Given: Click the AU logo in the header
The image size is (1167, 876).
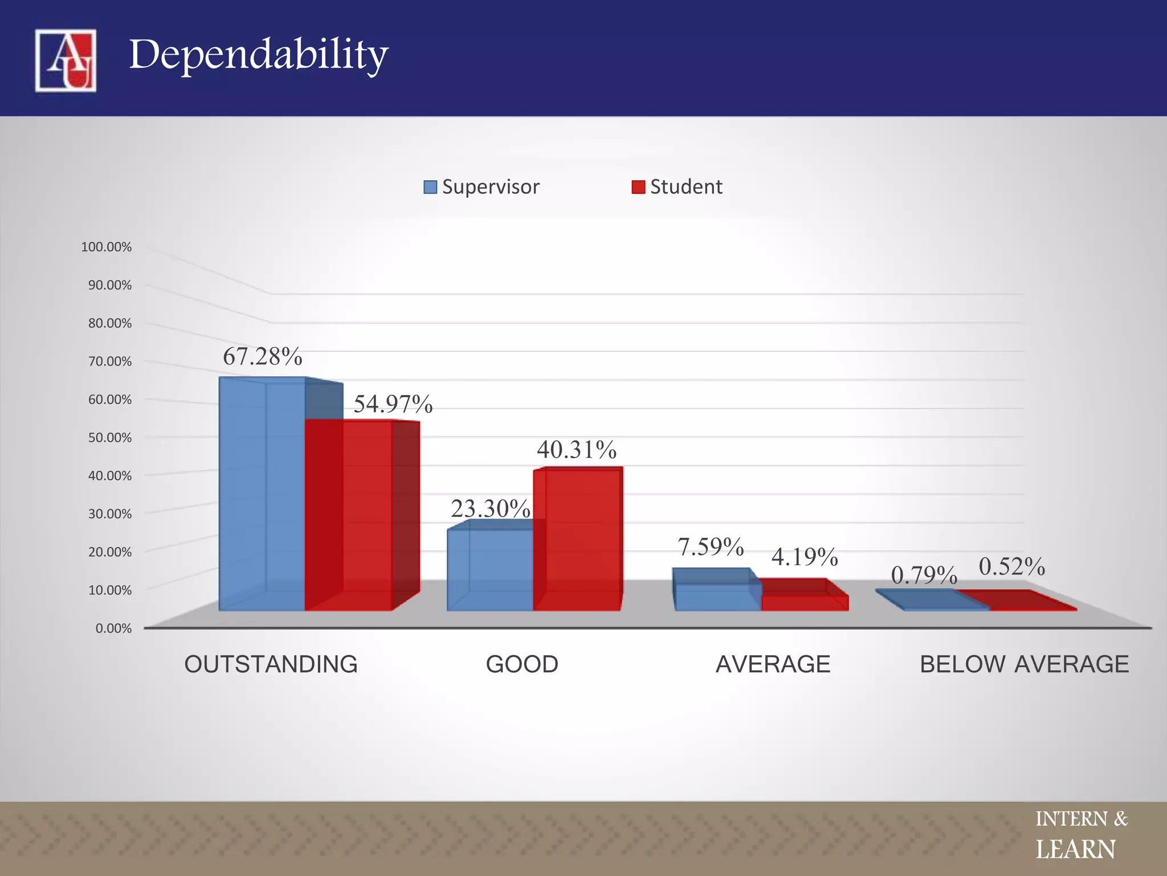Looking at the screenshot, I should pos(66,60).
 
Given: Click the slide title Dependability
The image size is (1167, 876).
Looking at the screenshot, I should pos(258,55).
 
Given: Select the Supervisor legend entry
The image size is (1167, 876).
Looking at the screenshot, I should pos(482,186).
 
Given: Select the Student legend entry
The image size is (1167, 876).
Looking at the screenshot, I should pos(678,186).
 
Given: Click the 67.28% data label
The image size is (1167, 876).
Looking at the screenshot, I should pos(262,356).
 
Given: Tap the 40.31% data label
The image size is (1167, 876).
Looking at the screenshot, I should pos(577,449).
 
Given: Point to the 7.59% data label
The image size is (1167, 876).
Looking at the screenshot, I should pos(711,546).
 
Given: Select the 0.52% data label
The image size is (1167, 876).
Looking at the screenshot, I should pos(1012,566).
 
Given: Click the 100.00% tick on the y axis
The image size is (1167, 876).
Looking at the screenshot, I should pos(107,247).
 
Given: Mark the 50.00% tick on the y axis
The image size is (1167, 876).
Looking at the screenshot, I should pos(109,437).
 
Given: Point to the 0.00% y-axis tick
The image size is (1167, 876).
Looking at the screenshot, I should pos(113,628).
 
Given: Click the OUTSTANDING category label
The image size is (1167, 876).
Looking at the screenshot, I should pos(271,664).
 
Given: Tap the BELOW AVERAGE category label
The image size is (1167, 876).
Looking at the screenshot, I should pos(1024,664).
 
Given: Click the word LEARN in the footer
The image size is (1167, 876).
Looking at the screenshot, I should pos(1075,850).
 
